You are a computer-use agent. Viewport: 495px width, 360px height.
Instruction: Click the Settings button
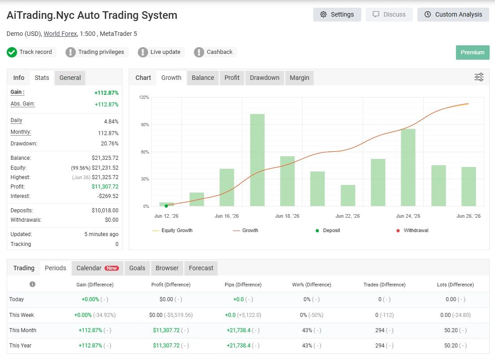point(337,14)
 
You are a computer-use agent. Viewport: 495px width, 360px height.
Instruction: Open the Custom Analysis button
point(453,14)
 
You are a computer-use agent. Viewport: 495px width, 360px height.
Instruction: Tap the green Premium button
point(472,53)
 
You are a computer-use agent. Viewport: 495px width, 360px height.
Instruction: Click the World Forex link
point(60,34)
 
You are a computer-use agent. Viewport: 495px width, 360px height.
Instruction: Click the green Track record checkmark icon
point(12,52)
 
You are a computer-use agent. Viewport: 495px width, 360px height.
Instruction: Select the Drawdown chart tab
point(264,78)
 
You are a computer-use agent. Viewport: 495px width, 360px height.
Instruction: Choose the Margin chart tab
point(299,78)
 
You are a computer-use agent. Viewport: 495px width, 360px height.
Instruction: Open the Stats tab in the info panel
point(42,78)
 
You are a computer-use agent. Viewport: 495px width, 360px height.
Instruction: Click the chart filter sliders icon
point(479,77)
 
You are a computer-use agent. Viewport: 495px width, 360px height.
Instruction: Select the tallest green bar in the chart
point(257,160)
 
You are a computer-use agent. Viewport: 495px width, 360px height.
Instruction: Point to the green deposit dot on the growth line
point(166,206)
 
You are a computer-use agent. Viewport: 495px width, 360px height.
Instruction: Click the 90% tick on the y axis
point(145,125)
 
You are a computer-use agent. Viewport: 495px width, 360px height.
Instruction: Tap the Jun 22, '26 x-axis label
point(347,216)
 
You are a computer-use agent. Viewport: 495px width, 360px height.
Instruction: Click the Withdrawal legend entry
point(412,231)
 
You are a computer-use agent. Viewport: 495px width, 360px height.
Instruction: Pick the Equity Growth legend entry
point(172,231)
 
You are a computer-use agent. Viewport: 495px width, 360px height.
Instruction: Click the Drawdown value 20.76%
point(110,144)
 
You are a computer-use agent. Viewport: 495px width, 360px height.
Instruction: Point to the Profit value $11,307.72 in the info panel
point(105,187)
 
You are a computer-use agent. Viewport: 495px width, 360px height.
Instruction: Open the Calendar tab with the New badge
point(97,268)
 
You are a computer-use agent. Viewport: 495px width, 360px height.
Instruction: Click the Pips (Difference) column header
point(243,285)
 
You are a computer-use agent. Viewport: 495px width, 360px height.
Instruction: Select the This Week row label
point(22,315)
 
